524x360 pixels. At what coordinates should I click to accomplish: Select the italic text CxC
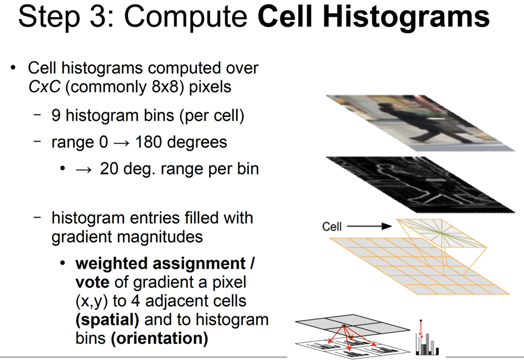[44, 86]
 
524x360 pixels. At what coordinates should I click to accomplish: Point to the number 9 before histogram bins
[56, 115]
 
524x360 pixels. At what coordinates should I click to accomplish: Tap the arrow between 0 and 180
[121, 143]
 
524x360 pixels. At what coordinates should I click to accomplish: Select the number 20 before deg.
[109, 168]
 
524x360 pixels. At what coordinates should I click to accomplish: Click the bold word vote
[92, 282]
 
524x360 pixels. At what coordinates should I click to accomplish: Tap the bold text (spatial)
[107, 320]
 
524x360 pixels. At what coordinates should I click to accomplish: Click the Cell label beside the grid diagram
[332, 227]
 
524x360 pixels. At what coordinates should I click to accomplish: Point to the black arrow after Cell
[369, 227]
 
